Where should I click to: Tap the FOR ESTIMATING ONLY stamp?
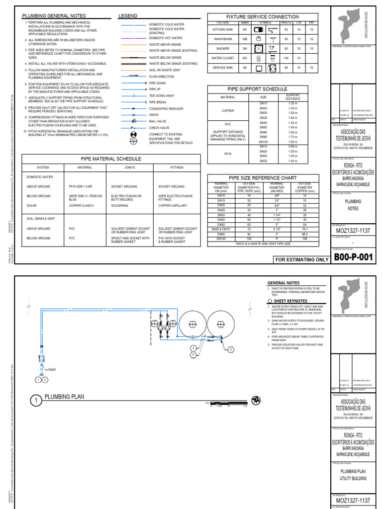301,259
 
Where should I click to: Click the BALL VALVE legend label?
159,121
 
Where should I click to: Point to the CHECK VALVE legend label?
160,127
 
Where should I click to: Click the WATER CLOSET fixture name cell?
222,58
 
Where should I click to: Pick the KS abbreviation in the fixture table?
244,30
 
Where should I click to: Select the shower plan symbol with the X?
259,49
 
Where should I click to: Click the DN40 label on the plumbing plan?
52,370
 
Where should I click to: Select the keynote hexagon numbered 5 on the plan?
231,350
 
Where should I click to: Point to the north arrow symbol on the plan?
256,400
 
